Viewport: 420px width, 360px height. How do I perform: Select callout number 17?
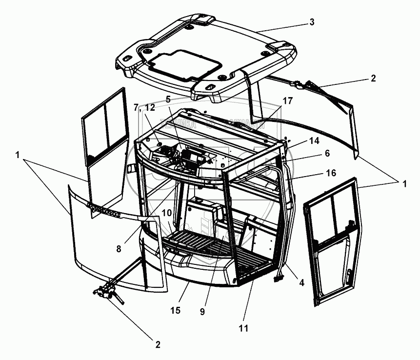coord(287,101)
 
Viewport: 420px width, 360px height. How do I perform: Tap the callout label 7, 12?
coord(143,107)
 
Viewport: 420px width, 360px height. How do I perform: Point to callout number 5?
coord(168,99)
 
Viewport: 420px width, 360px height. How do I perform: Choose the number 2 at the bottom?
coord(158,344)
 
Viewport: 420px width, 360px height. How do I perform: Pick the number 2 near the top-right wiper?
coord(373,78)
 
